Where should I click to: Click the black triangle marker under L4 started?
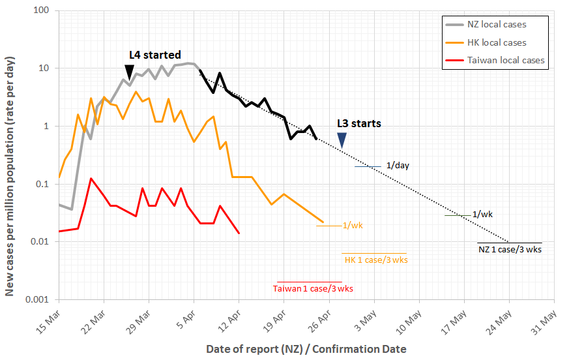130,72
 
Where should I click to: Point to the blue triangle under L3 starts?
342,140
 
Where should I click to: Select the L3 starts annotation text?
359,123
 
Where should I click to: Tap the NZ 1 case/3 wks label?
510,250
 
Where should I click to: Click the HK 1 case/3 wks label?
376,260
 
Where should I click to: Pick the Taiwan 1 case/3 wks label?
313,288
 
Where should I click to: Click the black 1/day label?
398,166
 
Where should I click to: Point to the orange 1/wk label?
353,226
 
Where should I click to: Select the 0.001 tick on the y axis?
39,300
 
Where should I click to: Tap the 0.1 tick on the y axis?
44,185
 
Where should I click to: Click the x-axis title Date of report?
306,349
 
